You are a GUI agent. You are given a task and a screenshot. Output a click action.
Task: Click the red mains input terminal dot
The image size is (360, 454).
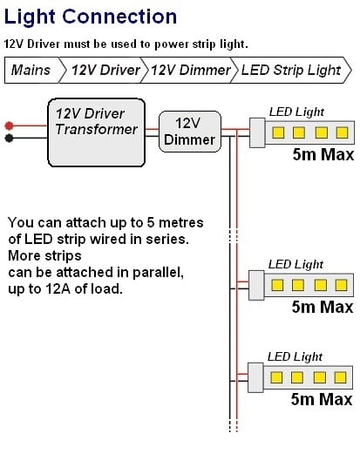9,125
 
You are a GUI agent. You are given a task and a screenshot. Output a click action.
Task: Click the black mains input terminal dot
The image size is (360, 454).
9,138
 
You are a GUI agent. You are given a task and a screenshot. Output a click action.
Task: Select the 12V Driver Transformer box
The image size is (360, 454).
96,132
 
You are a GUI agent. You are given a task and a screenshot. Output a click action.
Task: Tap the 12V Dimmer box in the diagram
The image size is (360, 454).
190,132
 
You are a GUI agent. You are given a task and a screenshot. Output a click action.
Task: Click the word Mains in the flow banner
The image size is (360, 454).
31,70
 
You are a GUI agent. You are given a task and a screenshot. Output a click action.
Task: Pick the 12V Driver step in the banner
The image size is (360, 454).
105,70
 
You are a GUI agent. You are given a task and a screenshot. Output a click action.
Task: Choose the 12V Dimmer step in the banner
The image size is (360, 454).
191,70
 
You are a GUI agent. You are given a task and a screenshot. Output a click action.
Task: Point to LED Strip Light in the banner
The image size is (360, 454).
291,71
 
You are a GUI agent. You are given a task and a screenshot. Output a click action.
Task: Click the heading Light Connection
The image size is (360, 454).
91,17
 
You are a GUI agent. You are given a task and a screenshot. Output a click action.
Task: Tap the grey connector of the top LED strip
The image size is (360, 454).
257,132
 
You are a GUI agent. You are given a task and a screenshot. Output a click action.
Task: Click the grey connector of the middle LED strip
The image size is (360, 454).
256,285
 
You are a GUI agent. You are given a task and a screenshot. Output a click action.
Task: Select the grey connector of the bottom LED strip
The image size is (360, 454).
255,377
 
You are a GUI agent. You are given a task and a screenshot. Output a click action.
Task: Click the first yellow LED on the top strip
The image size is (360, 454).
278,132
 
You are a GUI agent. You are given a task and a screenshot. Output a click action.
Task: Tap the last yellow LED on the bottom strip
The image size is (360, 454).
340,377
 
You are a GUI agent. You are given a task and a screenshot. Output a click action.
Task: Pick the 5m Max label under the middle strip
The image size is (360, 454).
323,307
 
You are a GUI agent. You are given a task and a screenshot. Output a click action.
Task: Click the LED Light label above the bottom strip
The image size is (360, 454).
295,356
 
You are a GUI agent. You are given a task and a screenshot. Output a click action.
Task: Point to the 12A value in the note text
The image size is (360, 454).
58,288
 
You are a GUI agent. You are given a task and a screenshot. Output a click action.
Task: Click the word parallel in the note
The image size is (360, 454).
158,273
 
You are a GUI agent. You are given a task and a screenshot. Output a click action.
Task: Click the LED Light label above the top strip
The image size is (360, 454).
296,112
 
